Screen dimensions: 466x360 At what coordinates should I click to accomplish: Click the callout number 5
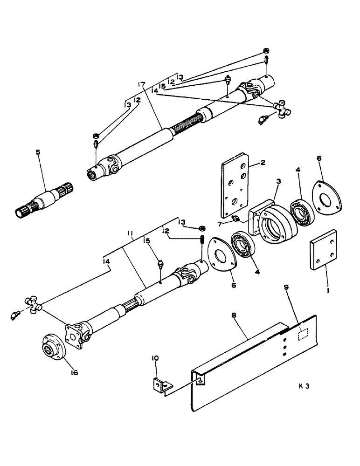point(38,152)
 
